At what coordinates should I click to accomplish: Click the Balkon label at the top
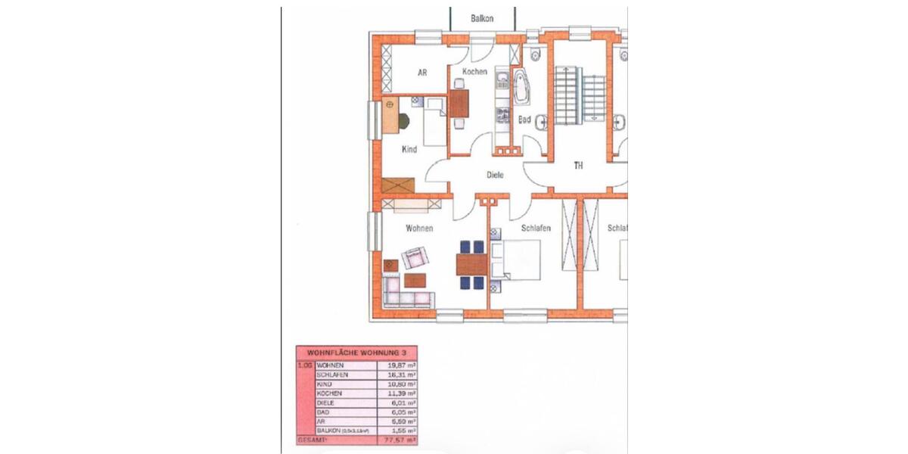coord(481,17)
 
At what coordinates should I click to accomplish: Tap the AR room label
coord(423,73)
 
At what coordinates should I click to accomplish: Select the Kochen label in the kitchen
coord(474,72)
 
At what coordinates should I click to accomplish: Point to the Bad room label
coord(524,120)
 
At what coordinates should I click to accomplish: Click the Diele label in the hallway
coord(495,175)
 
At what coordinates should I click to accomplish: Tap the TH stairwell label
coord(578,165)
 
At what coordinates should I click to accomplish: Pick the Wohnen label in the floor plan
coord(419,228)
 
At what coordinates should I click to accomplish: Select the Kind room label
coord(409,149)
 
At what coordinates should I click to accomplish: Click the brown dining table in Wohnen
coord(472,265)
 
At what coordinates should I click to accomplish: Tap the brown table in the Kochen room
coord(459,103)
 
